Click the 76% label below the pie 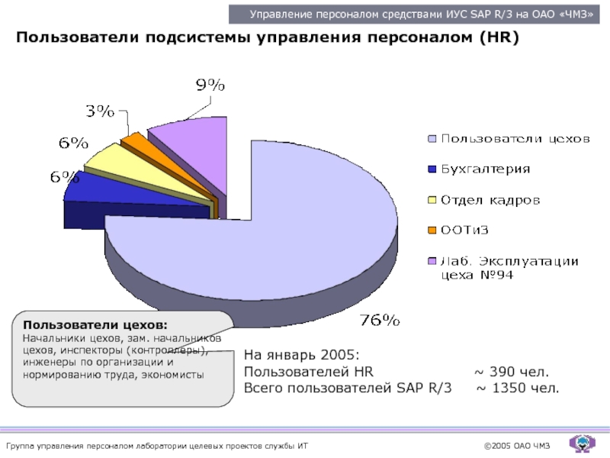pos(380,320)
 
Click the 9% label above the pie pos(210,86)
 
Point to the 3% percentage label pos(100,111)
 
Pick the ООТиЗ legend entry pos(465,231)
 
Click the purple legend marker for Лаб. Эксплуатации pos(432,261)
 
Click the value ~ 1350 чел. pos(518,389)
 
